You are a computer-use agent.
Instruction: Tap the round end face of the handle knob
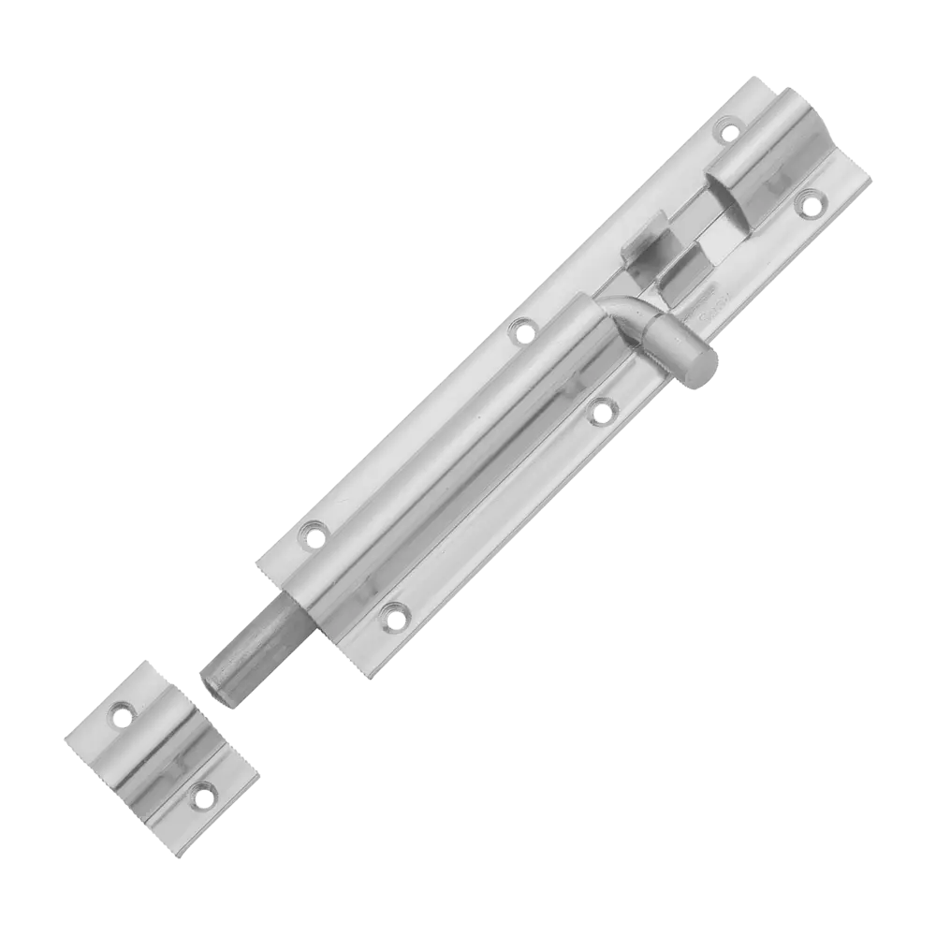[702, 372]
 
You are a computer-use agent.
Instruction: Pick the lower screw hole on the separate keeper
[199, 796]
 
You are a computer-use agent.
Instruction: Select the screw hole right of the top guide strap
[811, 198]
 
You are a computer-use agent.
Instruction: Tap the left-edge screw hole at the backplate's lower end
[313, 533]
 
